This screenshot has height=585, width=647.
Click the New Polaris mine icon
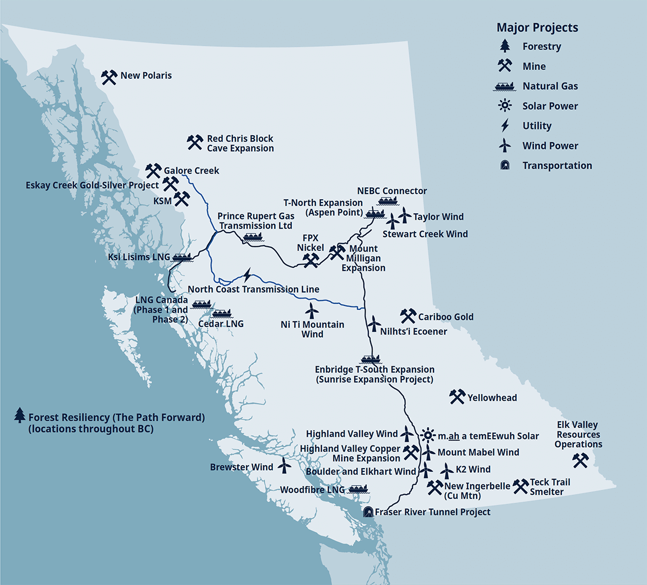109,77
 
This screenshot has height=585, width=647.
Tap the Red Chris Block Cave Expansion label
240,143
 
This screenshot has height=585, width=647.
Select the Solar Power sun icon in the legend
505,106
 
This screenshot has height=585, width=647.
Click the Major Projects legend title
537,27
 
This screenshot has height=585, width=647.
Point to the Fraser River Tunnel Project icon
368,512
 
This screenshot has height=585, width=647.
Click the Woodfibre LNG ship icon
359,489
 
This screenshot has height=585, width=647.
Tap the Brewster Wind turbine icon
284,466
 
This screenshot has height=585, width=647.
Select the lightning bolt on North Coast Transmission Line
247,276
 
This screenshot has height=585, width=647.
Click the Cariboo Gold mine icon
408,316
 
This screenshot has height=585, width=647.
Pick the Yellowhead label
492,398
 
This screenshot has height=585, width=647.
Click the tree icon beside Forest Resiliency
20,415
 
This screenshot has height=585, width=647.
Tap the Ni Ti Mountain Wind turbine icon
311,310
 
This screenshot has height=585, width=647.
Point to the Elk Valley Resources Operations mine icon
580,460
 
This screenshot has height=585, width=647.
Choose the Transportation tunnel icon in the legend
505,165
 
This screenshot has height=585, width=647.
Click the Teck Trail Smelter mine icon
520,486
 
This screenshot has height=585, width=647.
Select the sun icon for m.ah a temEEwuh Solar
428,435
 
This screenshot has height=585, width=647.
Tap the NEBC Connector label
392,191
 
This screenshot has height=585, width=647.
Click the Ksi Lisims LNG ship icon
183,257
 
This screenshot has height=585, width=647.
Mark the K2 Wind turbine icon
446,470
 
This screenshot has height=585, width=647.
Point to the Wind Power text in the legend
550,145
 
